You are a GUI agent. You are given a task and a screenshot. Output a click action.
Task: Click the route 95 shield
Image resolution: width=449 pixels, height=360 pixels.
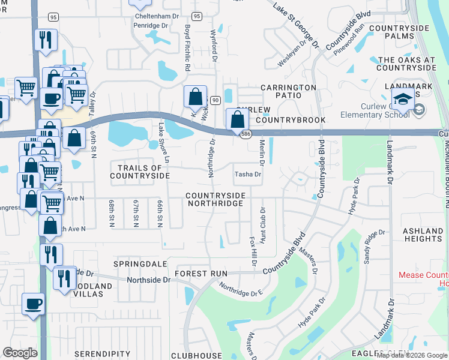[53, 17]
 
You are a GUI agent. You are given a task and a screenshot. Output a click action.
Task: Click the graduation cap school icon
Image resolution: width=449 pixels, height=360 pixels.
[403, 98]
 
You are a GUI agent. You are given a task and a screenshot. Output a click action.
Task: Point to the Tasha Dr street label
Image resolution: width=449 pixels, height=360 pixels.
[248, 175]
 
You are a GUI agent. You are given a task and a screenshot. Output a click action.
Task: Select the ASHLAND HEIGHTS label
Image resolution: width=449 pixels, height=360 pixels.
[423, 235]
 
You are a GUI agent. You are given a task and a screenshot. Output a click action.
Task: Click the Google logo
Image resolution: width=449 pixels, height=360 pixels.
[20, 353]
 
